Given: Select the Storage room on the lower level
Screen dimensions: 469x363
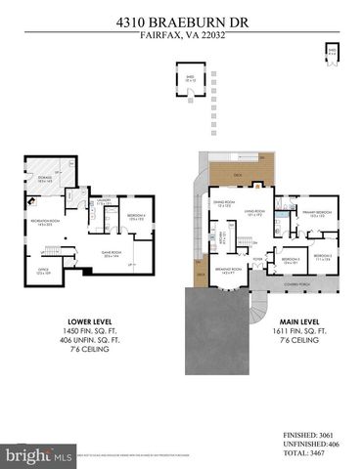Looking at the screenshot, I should tap(44, 180).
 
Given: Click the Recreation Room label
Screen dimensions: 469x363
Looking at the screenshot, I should tap(42, 224).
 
